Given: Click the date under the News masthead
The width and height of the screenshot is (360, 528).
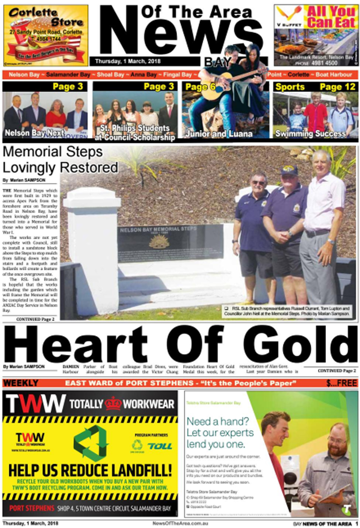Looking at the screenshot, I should click(128, 61).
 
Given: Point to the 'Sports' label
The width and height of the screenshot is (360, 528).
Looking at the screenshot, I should click(290, 87).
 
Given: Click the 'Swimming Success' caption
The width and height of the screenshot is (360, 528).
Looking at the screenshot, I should click(310, 134).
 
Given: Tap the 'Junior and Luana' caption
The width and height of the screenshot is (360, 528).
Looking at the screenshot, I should click(219, 134).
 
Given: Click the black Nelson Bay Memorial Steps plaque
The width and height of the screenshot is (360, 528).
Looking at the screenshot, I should click(170, 243).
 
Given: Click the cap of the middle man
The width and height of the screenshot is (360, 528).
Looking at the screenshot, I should click(289, 170).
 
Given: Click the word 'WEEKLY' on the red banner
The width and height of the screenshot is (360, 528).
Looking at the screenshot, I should click(21, 383).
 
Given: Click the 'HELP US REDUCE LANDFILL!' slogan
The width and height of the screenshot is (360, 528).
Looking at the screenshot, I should click(90, 470).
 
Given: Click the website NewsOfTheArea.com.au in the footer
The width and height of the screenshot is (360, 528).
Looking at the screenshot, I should click(180, 524).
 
